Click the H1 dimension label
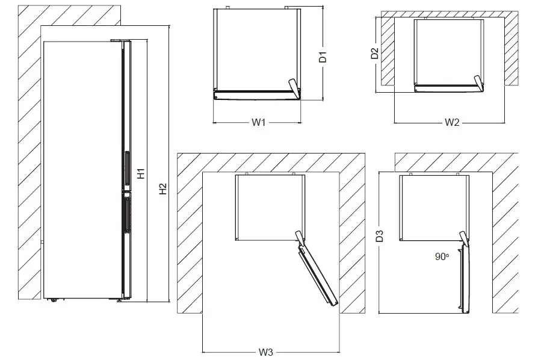tap(141, 173)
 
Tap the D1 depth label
tap(323, 57)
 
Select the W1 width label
tap(258, 122)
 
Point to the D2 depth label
tap(374, 53)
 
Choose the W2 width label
tap(452, 123)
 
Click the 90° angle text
tap(442, 256)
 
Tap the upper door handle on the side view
tap(126, 169)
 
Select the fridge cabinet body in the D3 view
tap(433, 206)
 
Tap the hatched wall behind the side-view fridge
tap(27, 151)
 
